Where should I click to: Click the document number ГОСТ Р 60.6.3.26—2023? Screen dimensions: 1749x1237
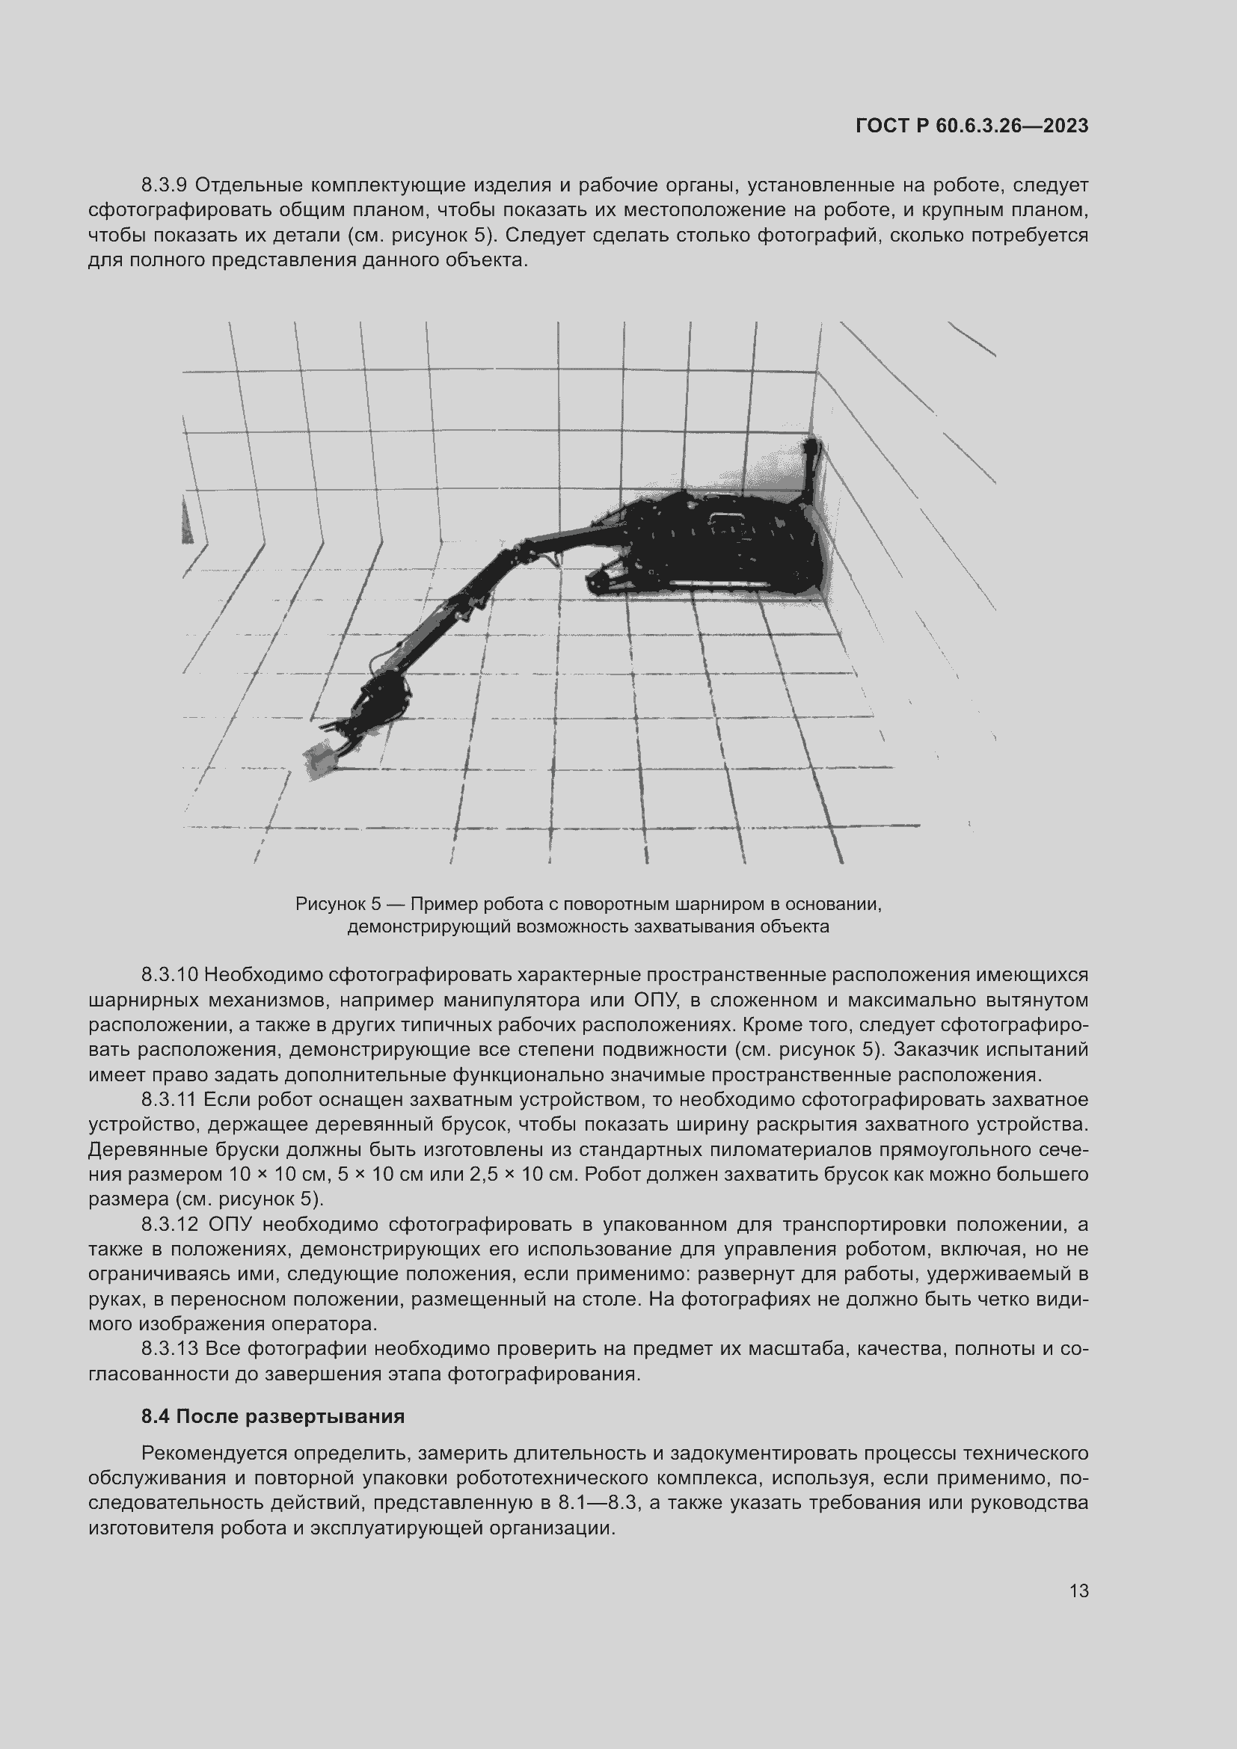pos(972,126)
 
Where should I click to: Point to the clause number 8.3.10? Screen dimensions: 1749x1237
pos(170,974)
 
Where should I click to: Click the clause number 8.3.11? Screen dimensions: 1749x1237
pos(169,1099)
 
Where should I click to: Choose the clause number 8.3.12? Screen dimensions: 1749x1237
pos(170,1224)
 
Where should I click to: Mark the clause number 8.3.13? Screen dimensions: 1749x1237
pos(170,1348)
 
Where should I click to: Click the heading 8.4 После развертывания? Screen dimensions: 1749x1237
pos(273,1416)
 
